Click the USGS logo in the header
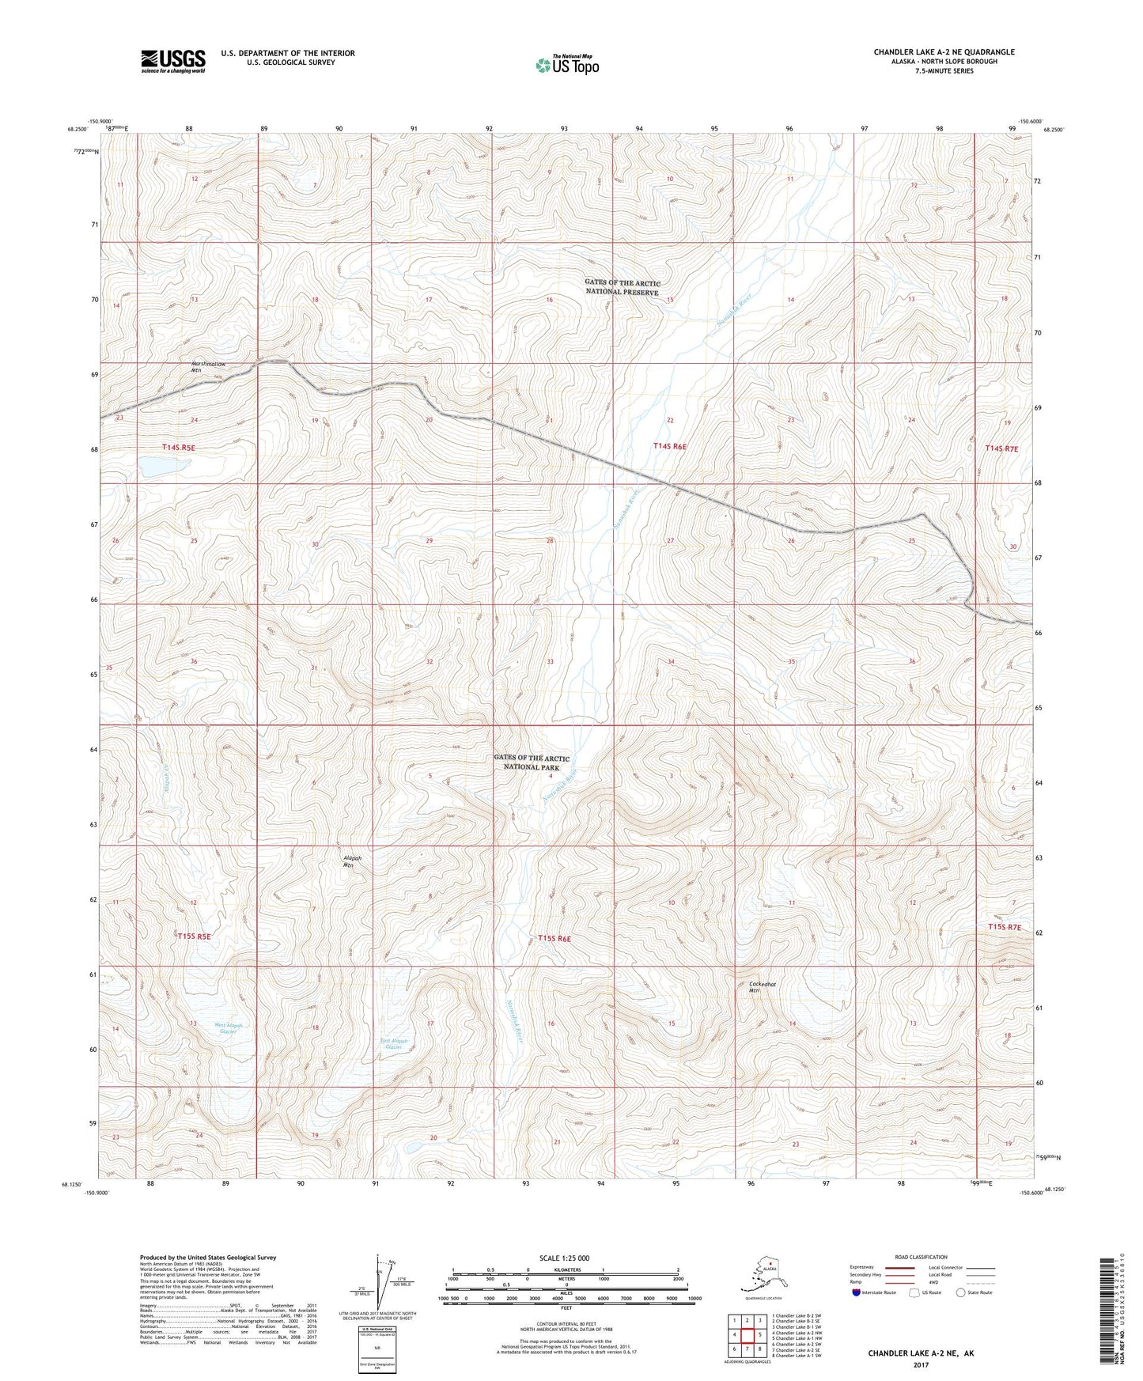point(172,61)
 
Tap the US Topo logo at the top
point(566,64)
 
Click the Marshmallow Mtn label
point(208,366)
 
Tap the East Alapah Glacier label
point(394,1044)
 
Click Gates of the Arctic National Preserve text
point(622,287)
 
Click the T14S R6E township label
point(670,446)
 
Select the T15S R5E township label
point(194,936)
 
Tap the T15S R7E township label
point(1004,927)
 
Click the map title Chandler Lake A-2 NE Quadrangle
point(944,52)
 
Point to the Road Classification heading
point(922,1257)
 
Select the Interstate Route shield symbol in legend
point(857,1292)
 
